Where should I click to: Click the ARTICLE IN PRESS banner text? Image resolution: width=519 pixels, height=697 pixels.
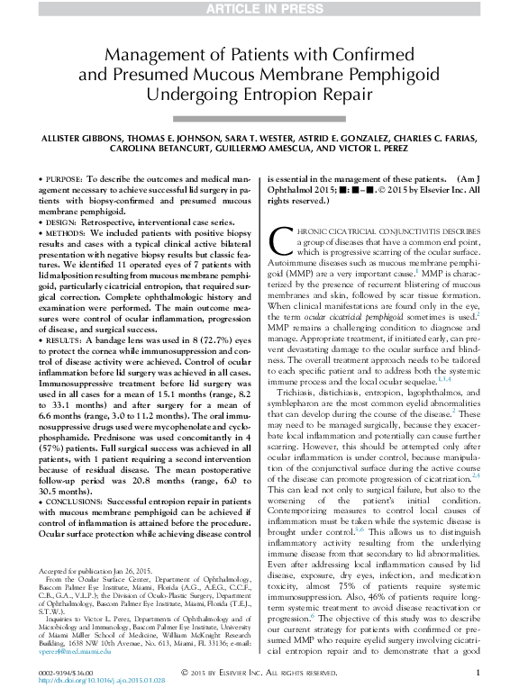259,9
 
